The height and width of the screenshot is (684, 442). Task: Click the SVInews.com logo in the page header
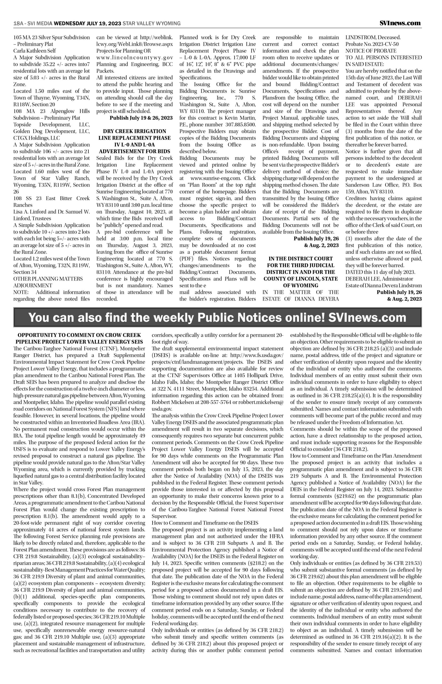click(x=400, y=23)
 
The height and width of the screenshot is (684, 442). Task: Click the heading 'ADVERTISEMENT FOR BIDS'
click(x=135, y=151)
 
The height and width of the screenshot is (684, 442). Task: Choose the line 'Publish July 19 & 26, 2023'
click(x=141, y=118)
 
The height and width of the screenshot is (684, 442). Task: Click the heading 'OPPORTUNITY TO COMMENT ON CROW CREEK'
click(x=79, y=335)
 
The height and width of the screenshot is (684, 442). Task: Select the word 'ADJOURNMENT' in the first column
click(x=33, y=286)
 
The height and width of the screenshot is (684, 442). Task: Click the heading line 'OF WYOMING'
click(x=301, y=286)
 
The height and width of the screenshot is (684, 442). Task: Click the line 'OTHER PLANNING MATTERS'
click(x=48, y=279)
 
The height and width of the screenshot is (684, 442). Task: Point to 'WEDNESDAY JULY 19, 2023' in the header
click(x=88, y=24)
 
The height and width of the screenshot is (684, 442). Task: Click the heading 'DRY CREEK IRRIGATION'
click(x=135, y=131)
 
